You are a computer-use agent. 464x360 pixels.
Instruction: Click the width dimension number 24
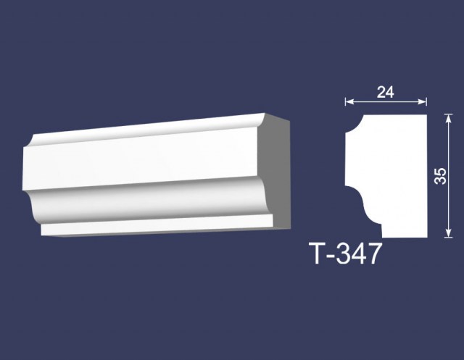386,92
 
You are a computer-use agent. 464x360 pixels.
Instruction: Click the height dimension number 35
441,176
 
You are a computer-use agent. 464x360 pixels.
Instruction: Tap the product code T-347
345,254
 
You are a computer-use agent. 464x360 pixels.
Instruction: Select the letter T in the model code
317,254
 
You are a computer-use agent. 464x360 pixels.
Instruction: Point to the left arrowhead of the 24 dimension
349,101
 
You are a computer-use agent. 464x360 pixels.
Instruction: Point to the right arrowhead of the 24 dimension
422,101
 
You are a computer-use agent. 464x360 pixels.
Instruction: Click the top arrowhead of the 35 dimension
449,119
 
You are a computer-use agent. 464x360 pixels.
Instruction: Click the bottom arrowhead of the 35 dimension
449,233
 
